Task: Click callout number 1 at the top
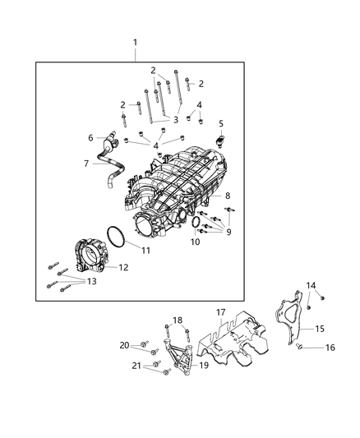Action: pyautogui.click(x=136, y=42)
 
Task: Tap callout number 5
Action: pyautogui.click(x=221, y=123)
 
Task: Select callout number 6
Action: pyautogui.click(x=90, y=137)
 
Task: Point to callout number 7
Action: pyautogui.click(x=85, y=164)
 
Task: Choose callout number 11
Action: pyautogui.click(x=145, y=250)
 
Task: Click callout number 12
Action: pyautogui.click(x=123, y=267)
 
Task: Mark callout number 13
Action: pyautogui.click(x=91, y=281)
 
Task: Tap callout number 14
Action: pyautogui.click(x=312, y=285)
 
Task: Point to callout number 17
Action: pyautogui.click(x=220, y=312)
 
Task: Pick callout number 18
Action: pyautogui.click(x=178, y=320)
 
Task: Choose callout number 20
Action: pyautogui.click(x=125, y=344)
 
